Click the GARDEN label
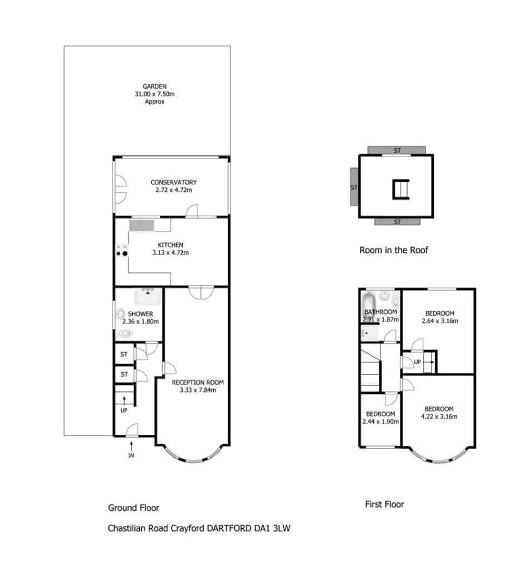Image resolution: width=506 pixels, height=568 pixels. coord(154,87)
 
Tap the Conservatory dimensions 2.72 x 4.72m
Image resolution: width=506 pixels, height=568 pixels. coord(174,190)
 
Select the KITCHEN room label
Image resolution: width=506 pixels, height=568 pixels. coord(171,245)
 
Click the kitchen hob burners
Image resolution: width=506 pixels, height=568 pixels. coord(122,251)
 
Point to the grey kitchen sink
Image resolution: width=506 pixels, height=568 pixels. coord(142,225)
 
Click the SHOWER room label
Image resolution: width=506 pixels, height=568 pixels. coord(141,314)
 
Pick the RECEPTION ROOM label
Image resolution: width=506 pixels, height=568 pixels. coord(198,383)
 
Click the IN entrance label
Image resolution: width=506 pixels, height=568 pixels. coord(131,455)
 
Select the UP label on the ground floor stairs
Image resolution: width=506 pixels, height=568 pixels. coord(124,410)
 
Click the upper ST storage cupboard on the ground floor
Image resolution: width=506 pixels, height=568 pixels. coord(124,354)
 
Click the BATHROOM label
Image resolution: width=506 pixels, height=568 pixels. coord(380,312)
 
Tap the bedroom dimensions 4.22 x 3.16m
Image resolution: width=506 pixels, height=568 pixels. coord(439,417)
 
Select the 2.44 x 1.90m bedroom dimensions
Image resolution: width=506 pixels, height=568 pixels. coord(380,422)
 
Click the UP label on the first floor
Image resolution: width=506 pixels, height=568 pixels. coord(418,362)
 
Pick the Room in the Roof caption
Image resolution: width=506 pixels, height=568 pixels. coord(394,250)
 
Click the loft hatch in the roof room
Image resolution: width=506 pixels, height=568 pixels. coord(401,189)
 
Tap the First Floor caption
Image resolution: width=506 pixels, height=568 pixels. coord(384,504)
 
